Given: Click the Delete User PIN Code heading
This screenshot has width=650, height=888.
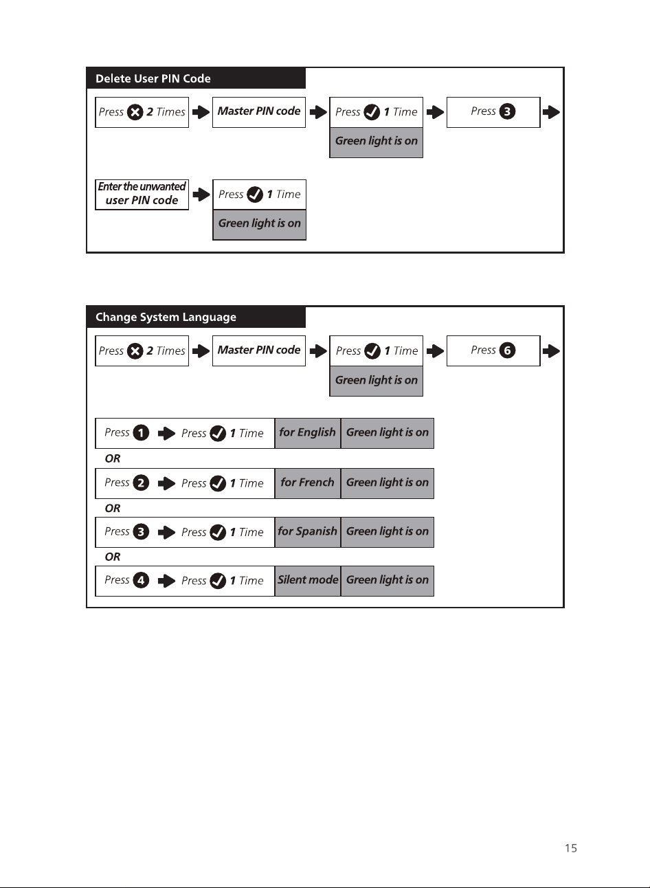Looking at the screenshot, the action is click(153, 78).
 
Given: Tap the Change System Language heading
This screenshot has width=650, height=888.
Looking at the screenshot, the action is click(166, 317).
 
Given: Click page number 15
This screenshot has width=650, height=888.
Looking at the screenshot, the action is click(571, 848).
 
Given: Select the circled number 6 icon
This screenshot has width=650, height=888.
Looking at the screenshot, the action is click(507, 351).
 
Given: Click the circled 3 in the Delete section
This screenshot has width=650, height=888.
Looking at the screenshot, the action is click(507, 111).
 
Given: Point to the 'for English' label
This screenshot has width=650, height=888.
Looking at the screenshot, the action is click(307, 432).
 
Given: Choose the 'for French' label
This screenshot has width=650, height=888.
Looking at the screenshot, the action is click(307, 482).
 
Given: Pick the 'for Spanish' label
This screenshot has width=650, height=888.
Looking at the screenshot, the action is click(307, 531).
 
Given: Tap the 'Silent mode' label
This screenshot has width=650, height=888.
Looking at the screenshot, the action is click(308, 580).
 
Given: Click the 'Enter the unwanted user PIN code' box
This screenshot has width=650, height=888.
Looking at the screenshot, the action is click(142, 195).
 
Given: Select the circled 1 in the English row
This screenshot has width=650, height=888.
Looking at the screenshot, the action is click(141, 433).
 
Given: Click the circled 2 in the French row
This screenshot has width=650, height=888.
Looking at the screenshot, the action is click(141, 483).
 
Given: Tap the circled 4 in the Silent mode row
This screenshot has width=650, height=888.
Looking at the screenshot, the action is click(141, 580).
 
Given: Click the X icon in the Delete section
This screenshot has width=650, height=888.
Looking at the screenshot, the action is click(135, 112).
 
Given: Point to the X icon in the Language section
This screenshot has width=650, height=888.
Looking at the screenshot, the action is click(135, 351).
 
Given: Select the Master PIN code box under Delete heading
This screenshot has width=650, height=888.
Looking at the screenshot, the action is click(259, 112).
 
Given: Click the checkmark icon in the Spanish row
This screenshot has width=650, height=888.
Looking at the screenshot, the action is click(218, 533).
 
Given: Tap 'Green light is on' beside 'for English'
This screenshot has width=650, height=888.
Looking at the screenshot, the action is click(388, 432).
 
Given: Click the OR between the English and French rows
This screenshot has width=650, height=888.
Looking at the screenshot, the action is click(112, 458).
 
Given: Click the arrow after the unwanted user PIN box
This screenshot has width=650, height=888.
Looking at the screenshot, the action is click(201, 195).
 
